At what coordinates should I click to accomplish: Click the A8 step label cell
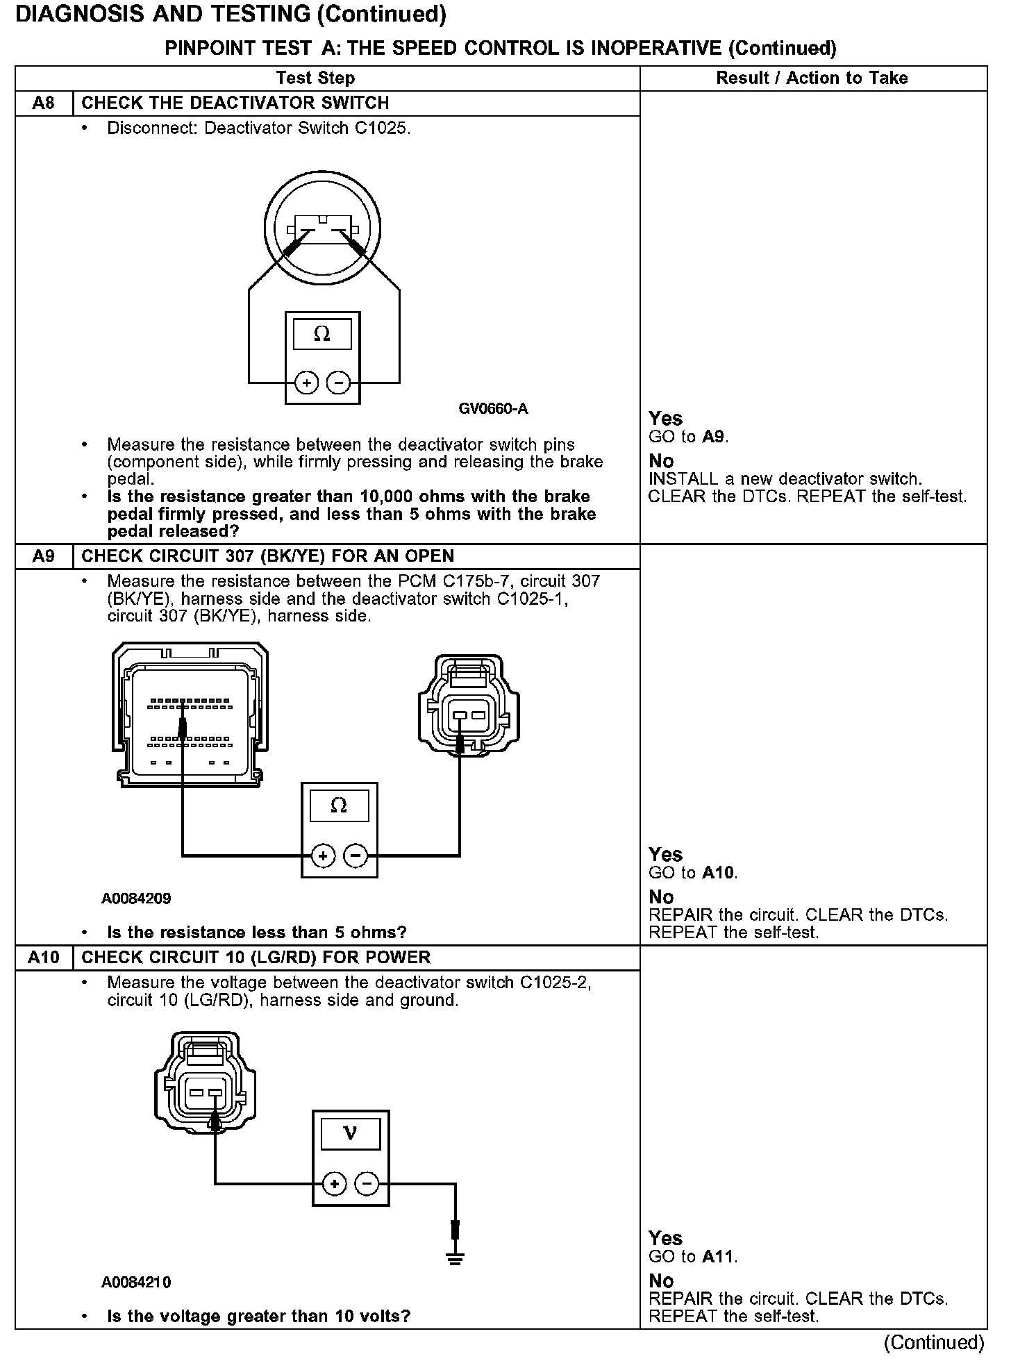pos(43,103)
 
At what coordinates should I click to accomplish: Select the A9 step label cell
pos(43,556)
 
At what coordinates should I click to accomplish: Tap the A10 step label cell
pos(43,958)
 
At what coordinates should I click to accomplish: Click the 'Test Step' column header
pos(315,78)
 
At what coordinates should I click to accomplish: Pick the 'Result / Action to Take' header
pos(812,78)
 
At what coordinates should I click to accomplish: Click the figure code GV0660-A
pos(493,409)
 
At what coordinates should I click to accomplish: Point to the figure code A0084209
pos(136,899)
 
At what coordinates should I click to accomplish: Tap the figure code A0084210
pos(136,1282)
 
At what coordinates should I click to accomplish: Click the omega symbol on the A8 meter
pos(322,335)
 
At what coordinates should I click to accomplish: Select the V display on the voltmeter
pos(350,1134)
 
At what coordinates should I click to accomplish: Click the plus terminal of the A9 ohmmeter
pos(323,856)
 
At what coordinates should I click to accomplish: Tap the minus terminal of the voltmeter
pos(367,1184)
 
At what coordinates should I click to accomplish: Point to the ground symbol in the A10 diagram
pos(455,1256)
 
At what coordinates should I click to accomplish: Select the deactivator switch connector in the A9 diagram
pos(469,702)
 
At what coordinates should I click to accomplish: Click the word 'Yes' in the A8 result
pos(665,419)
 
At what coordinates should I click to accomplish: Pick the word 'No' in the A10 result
pos(661,1281)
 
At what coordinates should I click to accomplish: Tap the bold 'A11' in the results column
pos(719,1257)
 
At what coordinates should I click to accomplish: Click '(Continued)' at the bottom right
pos(934,1343)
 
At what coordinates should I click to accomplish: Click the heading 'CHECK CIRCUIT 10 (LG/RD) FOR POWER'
pos(256,958)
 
